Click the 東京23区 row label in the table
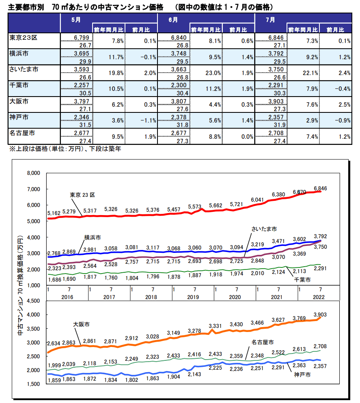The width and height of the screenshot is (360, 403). point(23,37)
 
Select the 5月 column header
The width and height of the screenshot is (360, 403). point(73,19)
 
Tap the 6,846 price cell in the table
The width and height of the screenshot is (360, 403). point(278,37)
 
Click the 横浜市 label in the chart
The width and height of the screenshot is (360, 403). point(93,237)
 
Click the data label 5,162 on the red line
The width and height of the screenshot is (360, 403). point(54,213)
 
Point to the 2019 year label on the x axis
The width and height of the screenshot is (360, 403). point(193,297)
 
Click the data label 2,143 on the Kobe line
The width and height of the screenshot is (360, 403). point(195,375)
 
